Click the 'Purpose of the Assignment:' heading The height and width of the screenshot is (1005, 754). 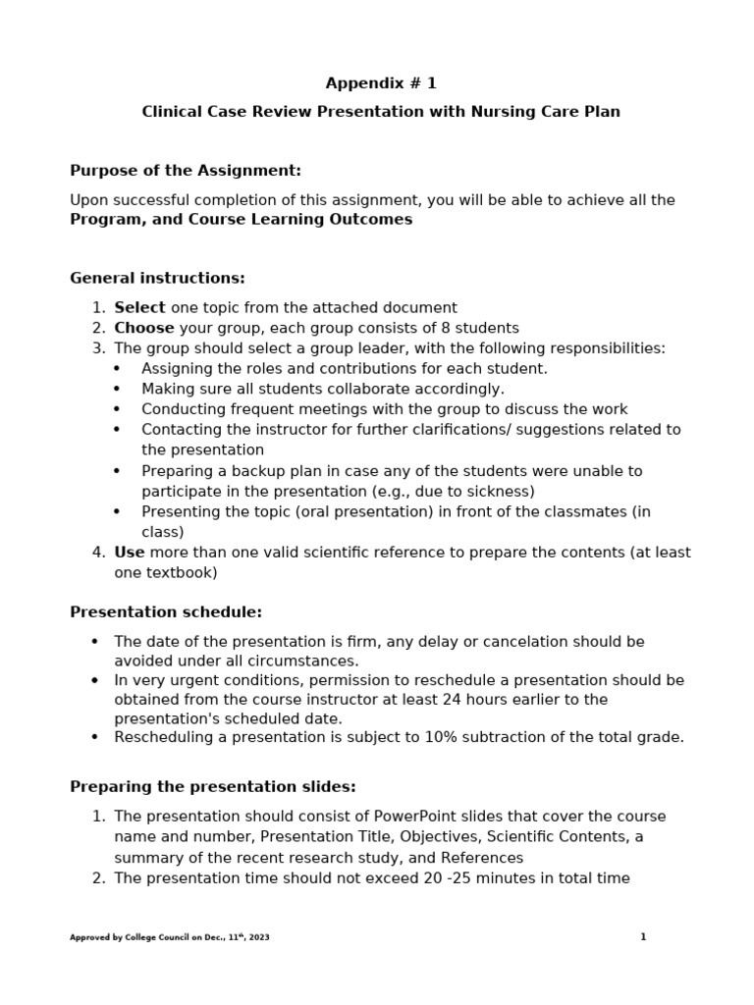tap(186, 171)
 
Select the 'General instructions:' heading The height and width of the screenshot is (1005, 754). tap(157, 278)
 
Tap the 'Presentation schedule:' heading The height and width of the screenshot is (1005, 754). tap(166, 612)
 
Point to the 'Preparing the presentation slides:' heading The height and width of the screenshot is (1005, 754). tap(213, 787)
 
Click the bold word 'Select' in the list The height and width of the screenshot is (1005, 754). tap(139, 307)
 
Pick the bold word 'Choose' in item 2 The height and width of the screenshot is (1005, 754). tap(143, 328)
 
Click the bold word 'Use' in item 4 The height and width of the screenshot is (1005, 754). tap(129, 553)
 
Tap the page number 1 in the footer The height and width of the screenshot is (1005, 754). tap(643, 937)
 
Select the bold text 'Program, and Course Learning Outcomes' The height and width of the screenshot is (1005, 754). tap(241, 220)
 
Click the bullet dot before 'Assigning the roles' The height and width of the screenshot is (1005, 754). tap(118, 369)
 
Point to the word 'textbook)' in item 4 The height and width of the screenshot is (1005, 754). tap(183, 572)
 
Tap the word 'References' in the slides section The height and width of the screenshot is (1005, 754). tap(480, 857)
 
